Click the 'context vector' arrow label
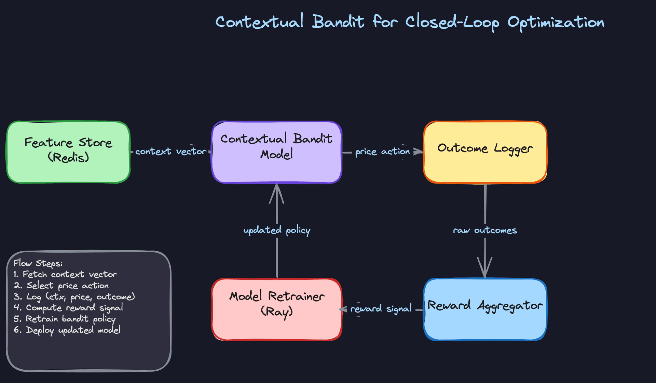(170, 151)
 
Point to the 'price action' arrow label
(382, 151)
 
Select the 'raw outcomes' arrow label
(485, 230)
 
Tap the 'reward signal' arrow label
(381, 309)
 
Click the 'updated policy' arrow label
(277, 230)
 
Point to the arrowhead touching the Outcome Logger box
(418, 151)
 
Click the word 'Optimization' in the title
(556, 23)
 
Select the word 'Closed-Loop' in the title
(452, 23)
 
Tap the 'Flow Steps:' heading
(38, 263)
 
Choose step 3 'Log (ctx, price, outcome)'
(74, 296)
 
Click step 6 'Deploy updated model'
(67, 330)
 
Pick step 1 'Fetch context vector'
(65, 274)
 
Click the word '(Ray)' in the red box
(277, 311)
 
